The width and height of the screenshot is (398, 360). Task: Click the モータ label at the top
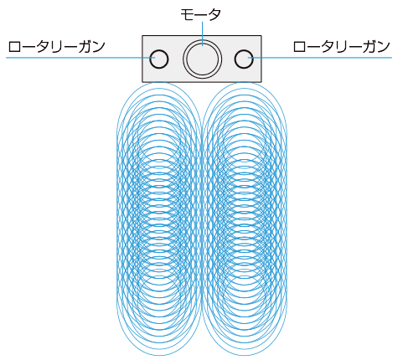(x=200, y=14)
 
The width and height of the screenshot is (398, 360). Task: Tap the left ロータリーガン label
(x=57, y=47)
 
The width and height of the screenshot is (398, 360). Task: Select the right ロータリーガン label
(x=341, y=47)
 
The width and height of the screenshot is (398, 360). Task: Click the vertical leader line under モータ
(x=202, y=33)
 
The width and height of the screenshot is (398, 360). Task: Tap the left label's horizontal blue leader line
(x=80, y=58)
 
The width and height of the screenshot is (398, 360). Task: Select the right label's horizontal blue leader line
(x=320, y=58)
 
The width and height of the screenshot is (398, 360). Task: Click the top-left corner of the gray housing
(x=142, y=36)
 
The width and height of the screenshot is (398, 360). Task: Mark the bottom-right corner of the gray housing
(x=261, y=82)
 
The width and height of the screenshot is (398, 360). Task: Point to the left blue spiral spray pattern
(x=158, y=219)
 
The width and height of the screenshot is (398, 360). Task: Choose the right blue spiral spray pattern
(x=245, y=219)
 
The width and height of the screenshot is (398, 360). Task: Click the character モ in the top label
(x=187, y=14)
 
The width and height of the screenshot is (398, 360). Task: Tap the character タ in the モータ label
(x=215, y=14)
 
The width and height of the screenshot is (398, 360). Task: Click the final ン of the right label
(x=383, y=47)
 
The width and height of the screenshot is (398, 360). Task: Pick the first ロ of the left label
(x=14, y=47)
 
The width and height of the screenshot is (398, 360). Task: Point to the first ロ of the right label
(x=299, y=47)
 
